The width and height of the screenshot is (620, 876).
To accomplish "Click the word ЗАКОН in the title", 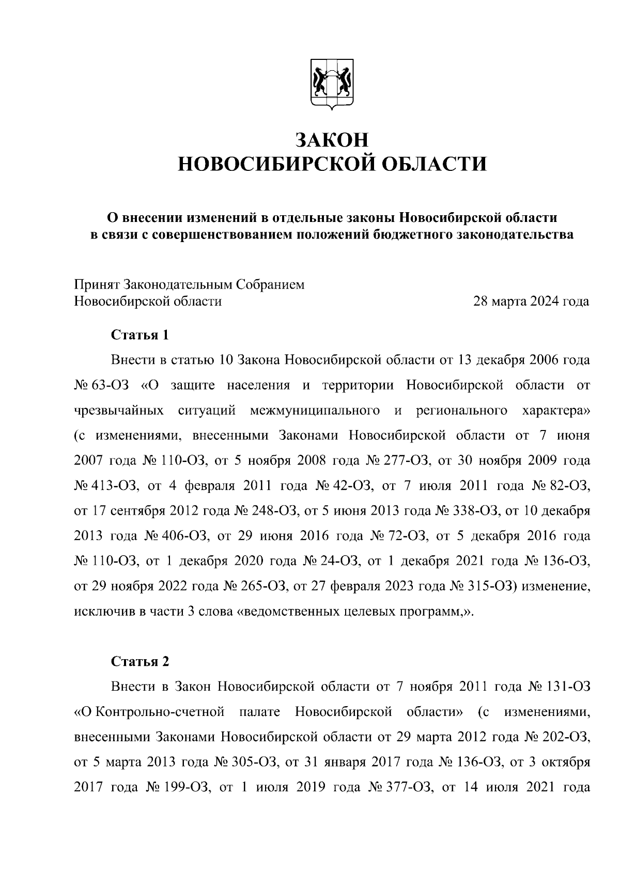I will coord(332,140).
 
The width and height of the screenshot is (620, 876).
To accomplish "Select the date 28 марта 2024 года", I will coord(532,301).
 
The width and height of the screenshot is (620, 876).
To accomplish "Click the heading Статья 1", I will coord(140,335).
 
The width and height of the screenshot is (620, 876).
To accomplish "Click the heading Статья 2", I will coord(140,662).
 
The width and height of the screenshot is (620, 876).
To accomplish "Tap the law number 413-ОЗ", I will coord(115,486).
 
